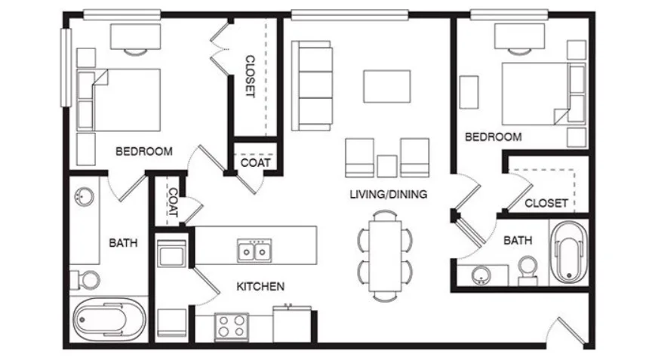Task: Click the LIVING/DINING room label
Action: click(x=388, y=194)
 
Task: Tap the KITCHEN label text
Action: click(x=260, y=286)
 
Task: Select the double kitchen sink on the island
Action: click(x=254, y=251)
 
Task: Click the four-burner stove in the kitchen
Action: click(x=232, y=327)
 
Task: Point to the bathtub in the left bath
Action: click(x=109, y=319)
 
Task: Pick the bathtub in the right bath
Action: click(x=569, y=252)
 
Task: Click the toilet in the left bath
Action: click(x=86, y=280)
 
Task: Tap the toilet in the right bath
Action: click(x=528, y=270)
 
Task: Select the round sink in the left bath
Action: click(x=84, y=197)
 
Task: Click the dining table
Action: click(x=386, y=256)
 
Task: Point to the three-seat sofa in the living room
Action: click(x=312, y=85)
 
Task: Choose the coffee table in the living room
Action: click(x=387, y=86)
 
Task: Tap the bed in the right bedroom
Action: click(x=543, y=94)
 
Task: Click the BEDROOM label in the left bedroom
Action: click(x=144, y=152)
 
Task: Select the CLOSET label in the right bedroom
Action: click(x=546, y=203)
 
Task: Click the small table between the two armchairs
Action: click(x=387, y=166)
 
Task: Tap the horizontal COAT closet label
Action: click(x=255, y=162)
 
